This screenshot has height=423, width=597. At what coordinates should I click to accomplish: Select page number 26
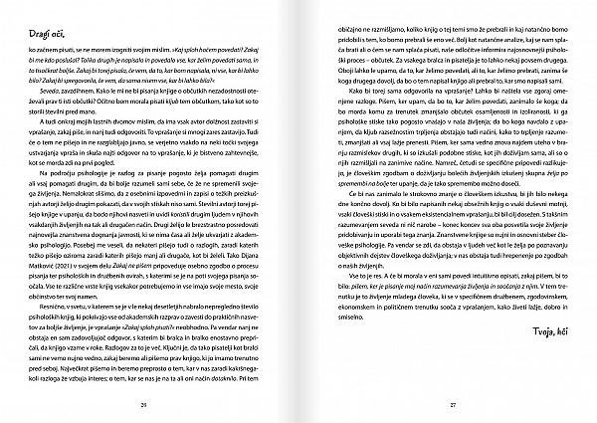(x=143, y=403)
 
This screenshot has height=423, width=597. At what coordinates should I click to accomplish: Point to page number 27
(x=451, y=403)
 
